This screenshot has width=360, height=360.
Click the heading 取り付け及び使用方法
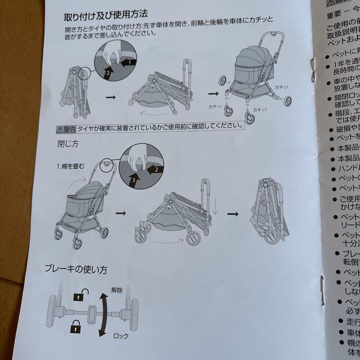click(106, 15)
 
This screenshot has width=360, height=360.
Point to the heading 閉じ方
click(68, 145)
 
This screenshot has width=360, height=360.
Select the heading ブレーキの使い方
click(76, 269)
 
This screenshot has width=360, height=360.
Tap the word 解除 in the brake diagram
click(117, 290)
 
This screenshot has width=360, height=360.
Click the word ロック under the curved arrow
click(121, 336)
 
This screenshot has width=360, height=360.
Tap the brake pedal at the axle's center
click(91, 314)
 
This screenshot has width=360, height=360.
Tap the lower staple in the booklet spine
click(322, 290)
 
